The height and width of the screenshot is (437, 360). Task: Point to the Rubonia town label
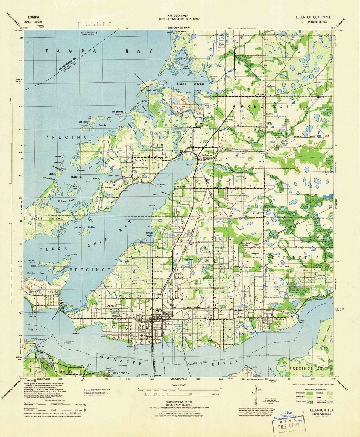coord(206,155)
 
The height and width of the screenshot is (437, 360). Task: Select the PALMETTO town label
coord(113,306)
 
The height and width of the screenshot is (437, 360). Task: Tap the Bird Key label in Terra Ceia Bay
coord(92,227)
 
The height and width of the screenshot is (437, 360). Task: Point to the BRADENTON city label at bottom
coord(121,373)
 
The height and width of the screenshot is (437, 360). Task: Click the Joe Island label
coord(84,122)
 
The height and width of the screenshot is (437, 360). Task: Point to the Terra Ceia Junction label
coord(245,244)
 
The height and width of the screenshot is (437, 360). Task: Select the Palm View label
coord(180,187)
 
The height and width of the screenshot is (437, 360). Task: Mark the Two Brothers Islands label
coord(118,113)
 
